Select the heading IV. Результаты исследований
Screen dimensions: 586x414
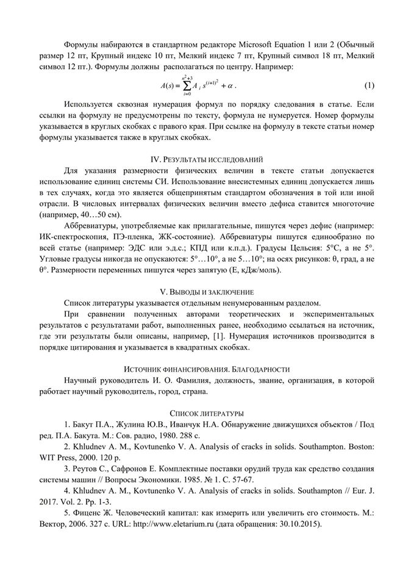click(x=207, y=159)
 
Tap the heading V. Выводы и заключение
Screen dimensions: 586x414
click(x=207, y=292)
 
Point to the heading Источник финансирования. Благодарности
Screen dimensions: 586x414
click(x=207, y=369)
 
